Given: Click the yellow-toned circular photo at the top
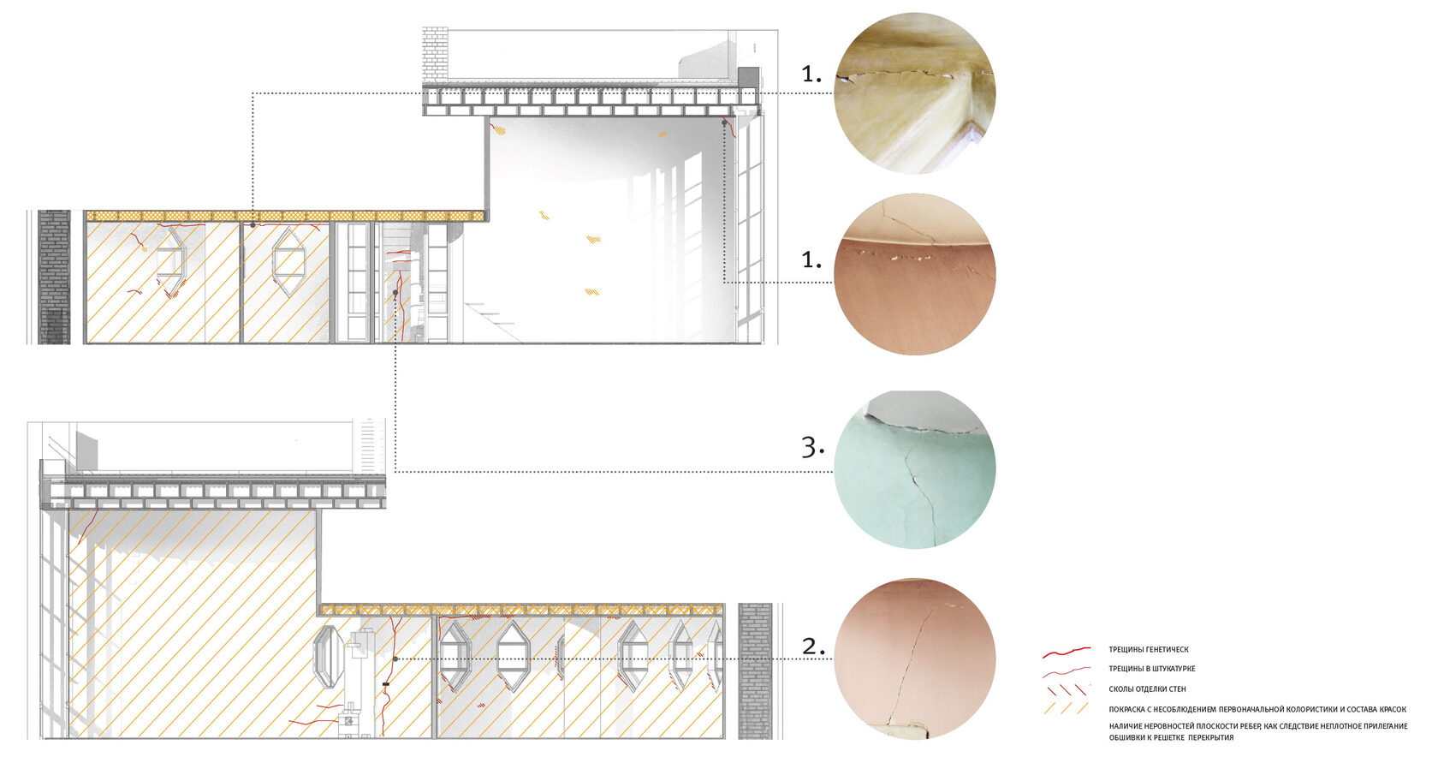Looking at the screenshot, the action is [x=915, y=93].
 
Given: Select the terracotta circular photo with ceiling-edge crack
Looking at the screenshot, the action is [x=915, y=274].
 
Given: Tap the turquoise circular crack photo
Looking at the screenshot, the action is [x=915, y=469].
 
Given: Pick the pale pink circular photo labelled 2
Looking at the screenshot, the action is [x=915, y=659].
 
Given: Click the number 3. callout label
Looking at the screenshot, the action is [x=813, y=447].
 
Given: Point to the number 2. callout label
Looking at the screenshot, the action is [x=813, y=646].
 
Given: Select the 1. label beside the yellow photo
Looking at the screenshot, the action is [x=811, y=74].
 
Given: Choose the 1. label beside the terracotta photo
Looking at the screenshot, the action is [x=811, y=259].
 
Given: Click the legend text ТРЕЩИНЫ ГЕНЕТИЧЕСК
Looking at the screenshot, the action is [x=1149, y=650].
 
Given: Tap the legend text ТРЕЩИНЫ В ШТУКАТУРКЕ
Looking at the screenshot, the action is [x=1152, y=669].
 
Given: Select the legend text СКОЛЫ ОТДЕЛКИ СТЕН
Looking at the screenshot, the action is [x=1147, y=689].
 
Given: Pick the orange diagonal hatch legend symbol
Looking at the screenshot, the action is [x=1067, y=708].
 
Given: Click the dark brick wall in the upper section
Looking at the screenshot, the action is [x=54, y=277].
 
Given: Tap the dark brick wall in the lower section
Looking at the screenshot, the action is [x=755, y=671].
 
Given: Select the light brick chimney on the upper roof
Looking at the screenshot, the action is [x=435, y=55].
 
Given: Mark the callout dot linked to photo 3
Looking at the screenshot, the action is [x=395, y=293].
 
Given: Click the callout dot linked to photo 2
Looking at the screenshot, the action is [x=395, y=659].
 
